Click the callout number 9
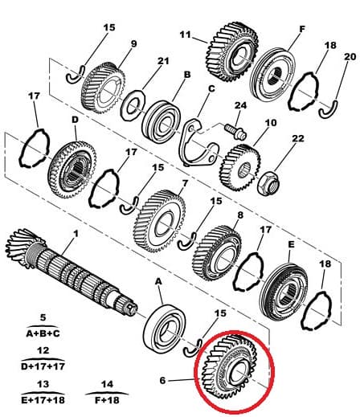point(133,43)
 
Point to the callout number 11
point(184,35)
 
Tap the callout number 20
point(349,56)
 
